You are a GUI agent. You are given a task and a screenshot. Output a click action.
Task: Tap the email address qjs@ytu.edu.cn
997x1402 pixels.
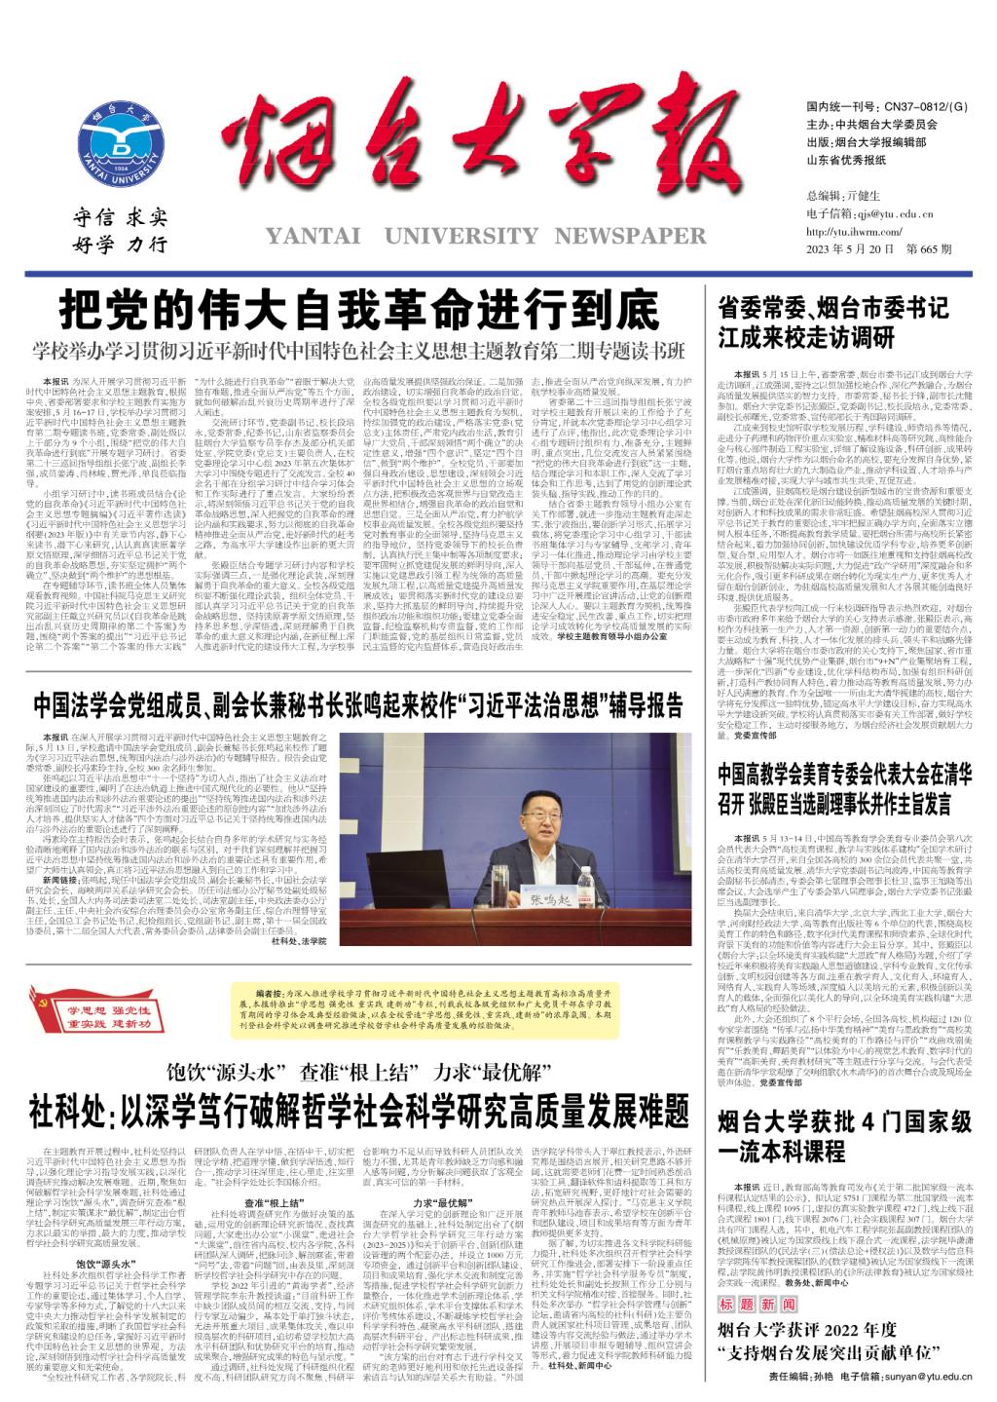[x=897, y=213]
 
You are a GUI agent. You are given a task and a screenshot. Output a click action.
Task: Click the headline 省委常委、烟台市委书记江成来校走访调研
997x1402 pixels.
[x=832, y=322]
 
